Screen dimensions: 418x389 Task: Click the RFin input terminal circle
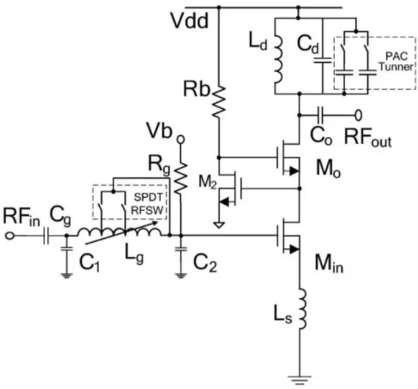pyautogui.click(x=9, y=236)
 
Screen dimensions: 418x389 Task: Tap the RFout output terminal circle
pyautogui.click(x=359, y=115)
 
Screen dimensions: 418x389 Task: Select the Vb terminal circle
pyautogui.click(x=180, y=140)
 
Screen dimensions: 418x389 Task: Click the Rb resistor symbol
pyautogui.click(x=219, y=102)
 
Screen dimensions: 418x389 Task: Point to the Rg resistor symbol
pyautogui.click(x=181, y=179)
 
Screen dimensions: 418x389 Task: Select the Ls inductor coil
pyautogui.click(x=302, y=309)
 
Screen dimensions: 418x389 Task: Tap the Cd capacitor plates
pyautogui.click(x=323, y=60)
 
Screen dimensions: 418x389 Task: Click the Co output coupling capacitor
pyautogui.click(x=320, y=115)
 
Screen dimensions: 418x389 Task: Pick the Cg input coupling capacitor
pyautogui.click(x=45, y=236)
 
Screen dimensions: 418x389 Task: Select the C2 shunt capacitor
pyautogui.click(x=180, y=248)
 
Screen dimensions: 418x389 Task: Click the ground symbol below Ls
pyautogui.click(x=300, y=380)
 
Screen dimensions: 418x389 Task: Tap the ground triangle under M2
pyautogui.click(x=219, y=225)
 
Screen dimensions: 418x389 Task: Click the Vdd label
pyautogui.click(x=190, y=21)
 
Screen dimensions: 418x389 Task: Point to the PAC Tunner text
pyautogui.click(x=397, y=62)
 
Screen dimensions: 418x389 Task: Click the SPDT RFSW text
pyautogui.click(x=148, y=203)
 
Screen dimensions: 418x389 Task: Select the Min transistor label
pyautogui.click(x=329, y=263)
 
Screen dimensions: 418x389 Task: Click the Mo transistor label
pyautogui.click(x=328, y=169)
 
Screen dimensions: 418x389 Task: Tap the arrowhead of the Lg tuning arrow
pyautogui.click(x=154, y=224)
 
